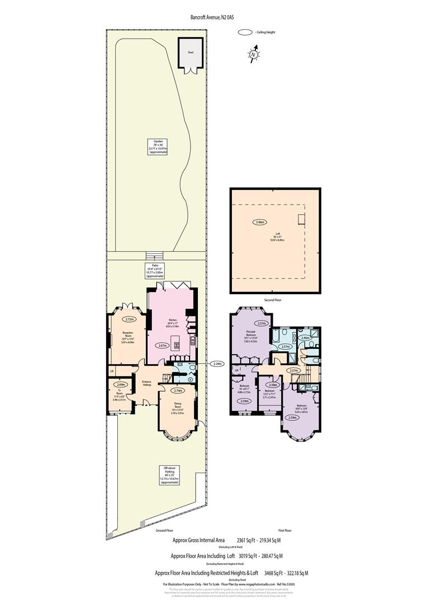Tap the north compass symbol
[254, 54]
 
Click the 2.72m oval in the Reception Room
[130, 319]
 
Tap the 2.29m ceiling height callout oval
[217, 364]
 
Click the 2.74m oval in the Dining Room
[179, 390]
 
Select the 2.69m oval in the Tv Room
[120, 385]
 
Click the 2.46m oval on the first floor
[305, 338]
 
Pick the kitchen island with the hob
[178, 345]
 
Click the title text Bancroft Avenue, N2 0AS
[213, 18]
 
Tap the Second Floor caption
[273, 300]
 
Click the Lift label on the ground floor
[112, 371]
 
